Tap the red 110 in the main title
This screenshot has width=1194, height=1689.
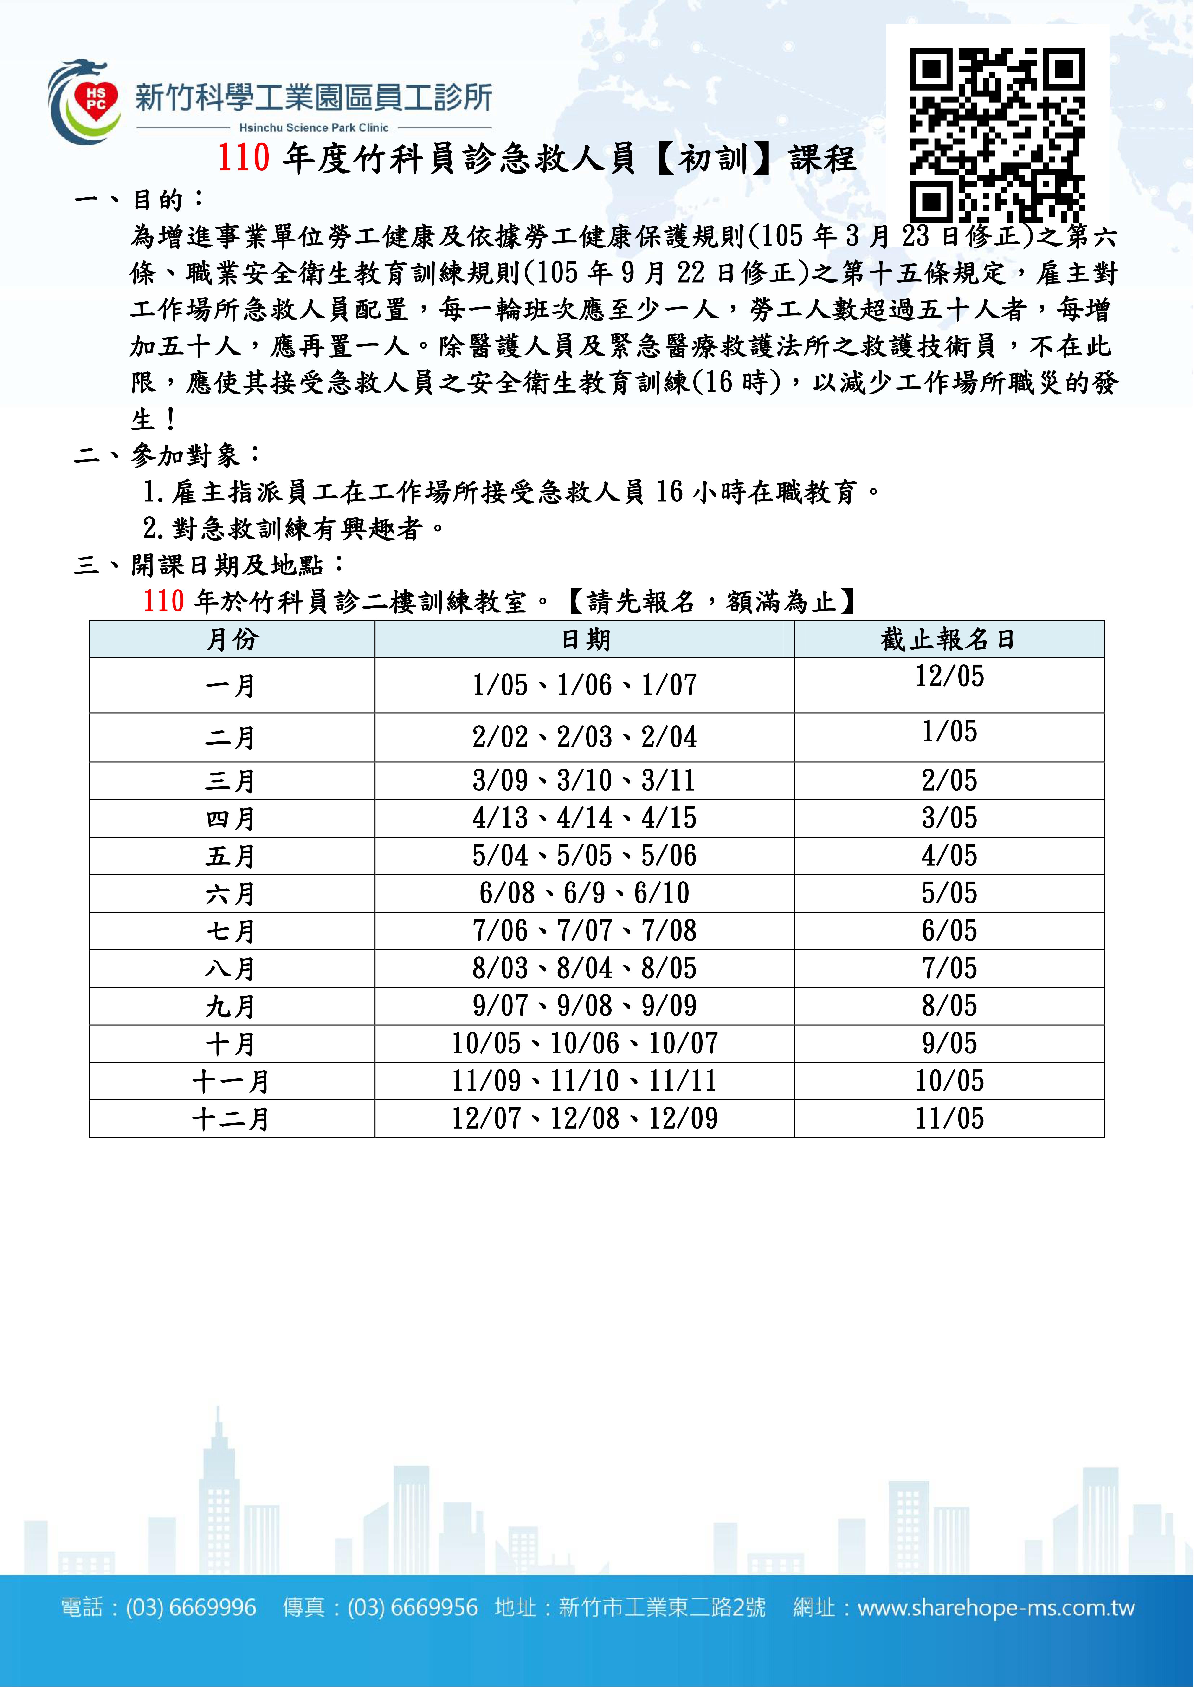(244, 158)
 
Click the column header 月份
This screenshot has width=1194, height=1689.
(232, 639)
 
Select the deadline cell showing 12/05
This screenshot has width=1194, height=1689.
(949, 676)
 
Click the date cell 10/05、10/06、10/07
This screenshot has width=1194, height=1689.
(584, 1043)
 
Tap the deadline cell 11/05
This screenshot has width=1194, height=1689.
(949, 1119)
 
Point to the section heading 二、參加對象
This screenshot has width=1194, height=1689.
(168, 455)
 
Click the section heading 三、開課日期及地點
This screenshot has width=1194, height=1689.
(210, 565)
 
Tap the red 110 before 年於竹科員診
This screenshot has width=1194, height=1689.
(163, 602)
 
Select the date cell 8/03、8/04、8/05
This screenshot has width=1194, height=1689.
(584, 968)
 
